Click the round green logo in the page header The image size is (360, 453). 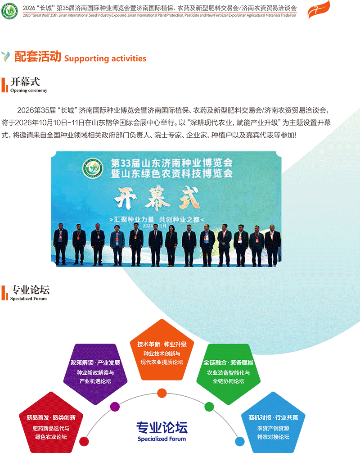tap(9, 11)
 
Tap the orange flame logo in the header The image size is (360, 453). tap(319, 9)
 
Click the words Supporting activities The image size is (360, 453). tap(105, 59)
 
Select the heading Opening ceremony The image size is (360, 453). tap(29, 91)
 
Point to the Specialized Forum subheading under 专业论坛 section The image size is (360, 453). tap(28, 299)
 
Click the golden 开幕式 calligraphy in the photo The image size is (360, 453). tap(157, 198)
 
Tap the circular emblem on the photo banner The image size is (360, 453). tap(93, 168)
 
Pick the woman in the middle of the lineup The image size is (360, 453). tap(171, 245)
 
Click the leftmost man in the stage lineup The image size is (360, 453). tap(61, 244)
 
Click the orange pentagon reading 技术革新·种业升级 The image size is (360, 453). tap(162, 350)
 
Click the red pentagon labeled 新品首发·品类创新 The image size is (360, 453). tap(51, 423)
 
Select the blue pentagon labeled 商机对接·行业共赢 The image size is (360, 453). tap(273, 423)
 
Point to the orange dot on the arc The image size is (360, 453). tap(162, 393)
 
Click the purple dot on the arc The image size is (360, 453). tap(115, 407)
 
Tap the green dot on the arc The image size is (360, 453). tap(209, 407)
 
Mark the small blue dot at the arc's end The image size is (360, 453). tap(240, 441)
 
